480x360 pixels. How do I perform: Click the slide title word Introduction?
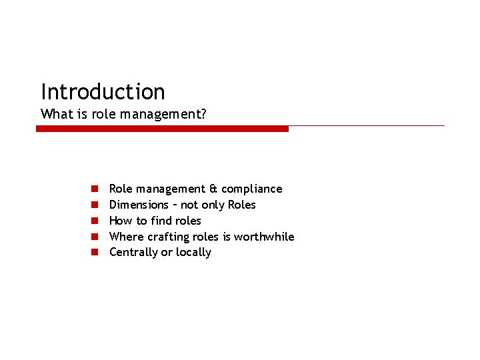(x=103, y=91)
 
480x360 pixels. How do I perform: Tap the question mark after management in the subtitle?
(x=203, y=114)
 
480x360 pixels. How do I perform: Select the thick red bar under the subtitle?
(x=162, y=129)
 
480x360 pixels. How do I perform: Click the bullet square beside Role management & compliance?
(x=95, y=189)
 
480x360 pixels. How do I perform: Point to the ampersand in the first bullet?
(x=213, y=189)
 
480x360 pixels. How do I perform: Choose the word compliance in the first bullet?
(x=251, y=189)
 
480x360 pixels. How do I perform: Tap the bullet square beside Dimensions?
(x=95, y=205)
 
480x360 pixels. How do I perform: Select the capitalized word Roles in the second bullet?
(x=241, y=205)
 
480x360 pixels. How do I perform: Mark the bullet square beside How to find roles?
(x=95, y=221)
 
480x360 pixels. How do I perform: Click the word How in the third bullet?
(x=121, y=221)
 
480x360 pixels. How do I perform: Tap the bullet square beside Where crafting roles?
(x=95, y=237)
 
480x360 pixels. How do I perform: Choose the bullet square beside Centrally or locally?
(x=95, y=253)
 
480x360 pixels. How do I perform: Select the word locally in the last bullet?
(x=193, y=252)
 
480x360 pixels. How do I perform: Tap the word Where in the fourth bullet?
(x=125, y=237)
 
